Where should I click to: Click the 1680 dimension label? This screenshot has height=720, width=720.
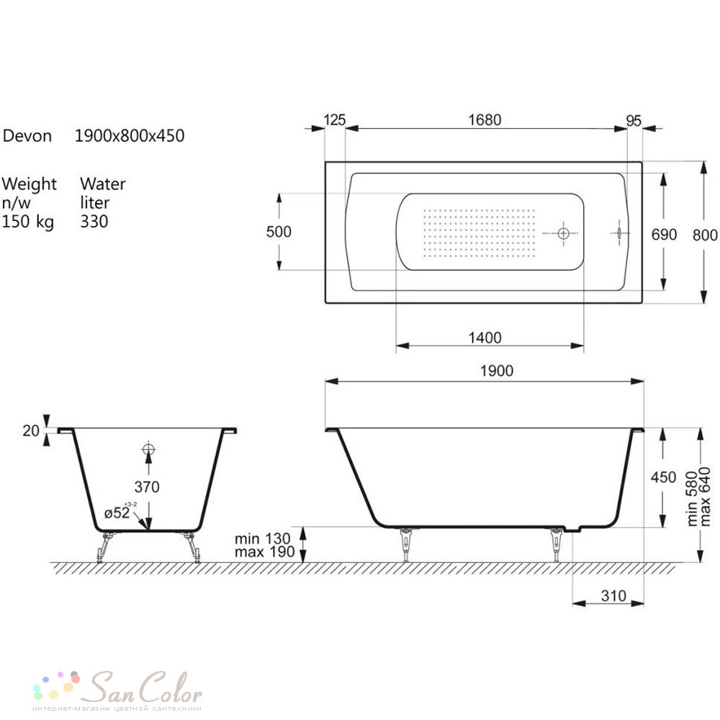tap(485, 120)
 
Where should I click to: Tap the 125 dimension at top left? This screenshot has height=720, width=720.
tap(334, 120)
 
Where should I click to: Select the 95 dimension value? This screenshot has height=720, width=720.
tap(634, 121)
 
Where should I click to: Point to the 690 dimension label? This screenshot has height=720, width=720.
tap(664, 235)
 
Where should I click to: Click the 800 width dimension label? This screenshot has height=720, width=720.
tap(705, 235)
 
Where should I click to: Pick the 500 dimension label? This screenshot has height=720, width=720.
tap(279, 231)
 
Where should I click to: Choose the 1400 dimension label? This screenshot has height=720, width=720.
tap(485, 338)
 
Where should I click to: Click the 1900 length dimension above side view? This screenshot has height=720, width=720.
tap(497, 371)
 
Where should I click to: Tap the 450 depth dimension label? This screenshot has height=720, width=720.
tap(664, 477)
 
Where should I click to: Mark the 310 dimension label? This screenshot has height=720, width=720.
tap(614, 596)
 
